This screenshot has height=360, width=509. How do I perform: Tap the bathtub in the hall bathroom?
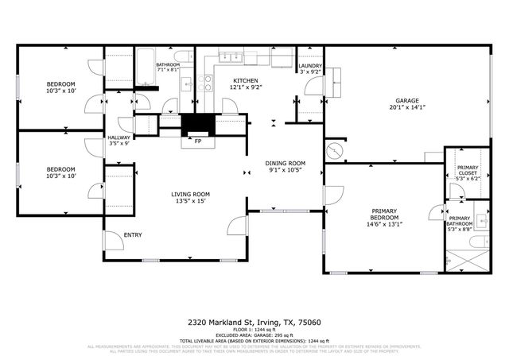pyautogui.click(x=145, y=68)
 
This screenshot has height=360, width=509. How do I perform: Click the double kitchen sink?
pyautogui.click(x=232, y=56)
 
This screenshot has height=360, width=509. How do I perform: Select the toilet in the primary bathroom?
pyautogui.click(x=475, y=242)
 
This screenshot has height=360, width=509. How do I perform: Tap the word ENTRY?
pyautogui.click(x=132, y=234)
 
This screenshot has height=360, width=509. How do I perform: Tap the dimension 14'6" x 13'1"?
pyautogui.click(x=385, y=224)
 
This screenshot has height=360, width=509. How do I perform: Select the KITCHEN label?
pyautogui.click(x=246, y=81)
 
